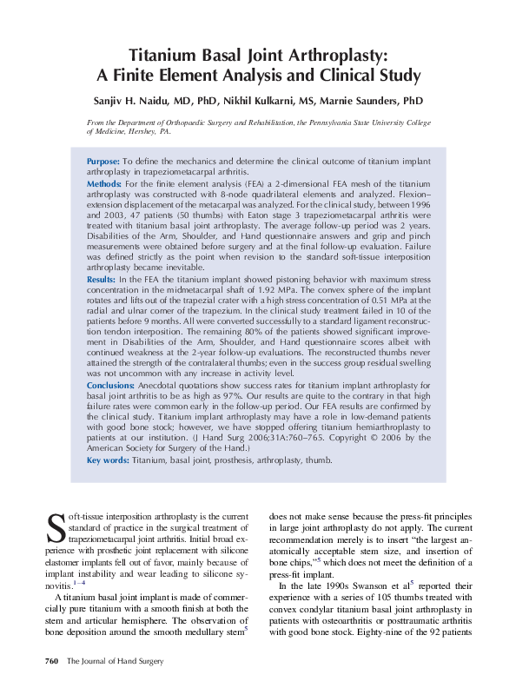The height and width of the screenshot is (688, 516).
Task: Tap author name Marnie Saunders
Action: (x=387, y=100)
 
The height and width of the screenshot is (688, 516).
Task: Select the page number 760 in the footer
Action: (x=50, y=662)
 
